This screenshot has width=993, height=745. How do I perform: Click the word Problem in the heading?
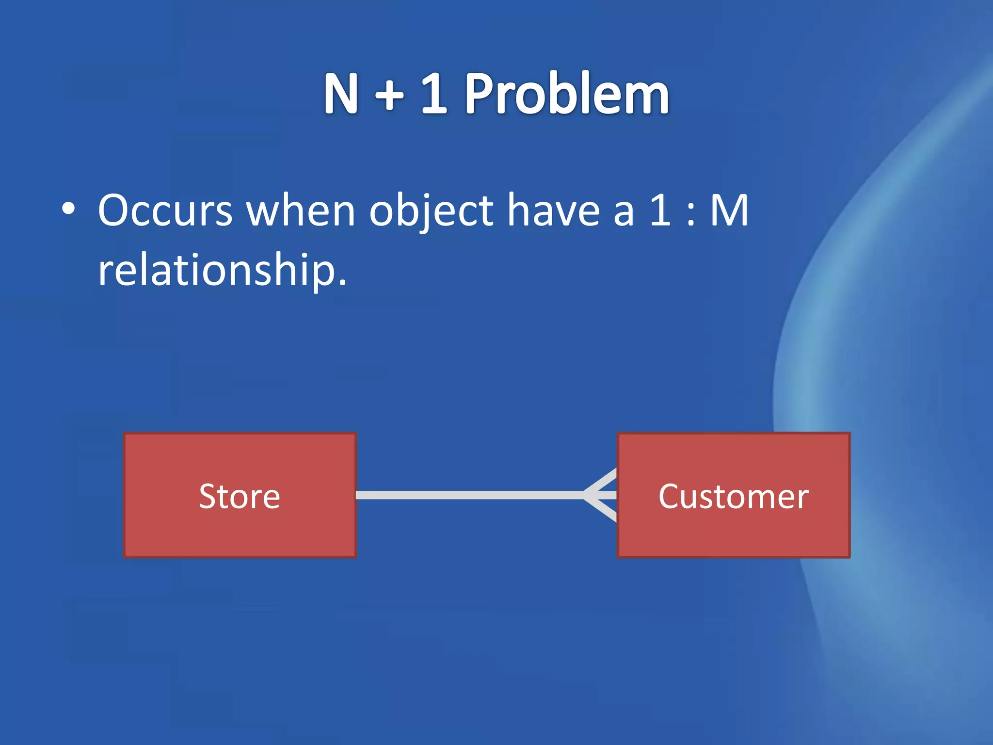567,94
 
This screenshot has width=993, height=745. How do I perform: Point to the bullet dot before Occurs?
69,210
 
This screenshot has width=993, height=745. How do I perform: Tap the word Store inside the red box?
240,496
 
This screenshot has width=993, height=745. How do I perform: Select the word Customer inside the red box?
734,496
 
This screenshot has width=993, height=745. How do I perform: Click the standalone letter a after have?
624,213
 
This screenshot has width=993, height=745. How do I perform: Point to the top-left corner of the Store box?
125,434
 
